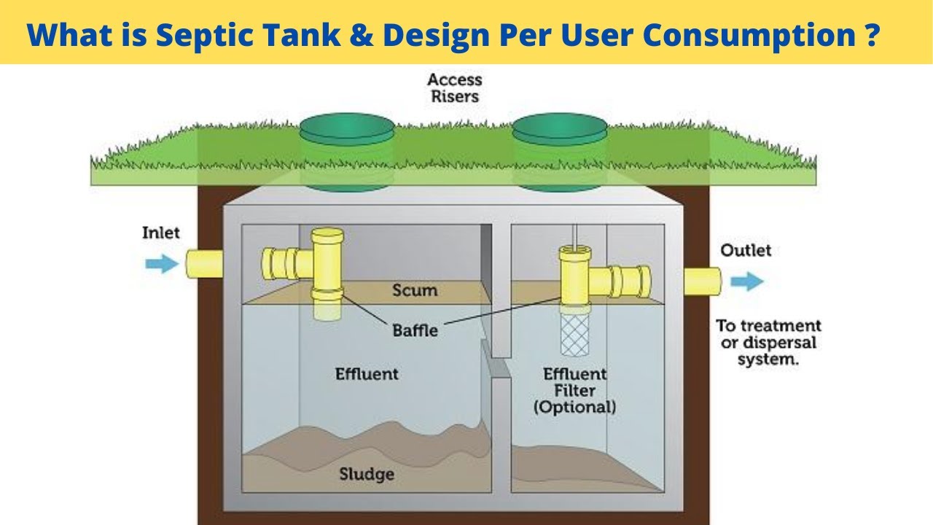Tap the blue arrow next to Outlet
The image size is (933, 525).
pos(747,281)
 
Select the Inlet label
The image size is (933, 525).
pos(160,233)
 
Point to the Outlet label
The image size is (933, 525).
pos(746,251)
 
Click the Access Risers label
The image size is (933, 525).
pos(455,87)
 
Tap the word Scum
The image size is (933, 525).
pos(415,290)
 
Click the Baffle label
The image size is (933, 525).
pos(415,330)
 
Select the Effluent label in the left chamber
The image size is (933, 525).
pos(367,374)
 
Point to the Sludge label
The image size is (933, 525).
pos(367,475)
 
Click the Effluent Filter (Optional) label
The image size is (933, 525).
pos(574,390)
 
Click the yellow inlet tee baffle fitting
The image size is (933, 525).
pos(313,262)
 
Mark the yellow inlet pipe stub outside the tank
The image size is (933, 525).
pos(203,263)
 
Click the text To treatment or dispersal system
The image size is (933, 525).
pos(768,343)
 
